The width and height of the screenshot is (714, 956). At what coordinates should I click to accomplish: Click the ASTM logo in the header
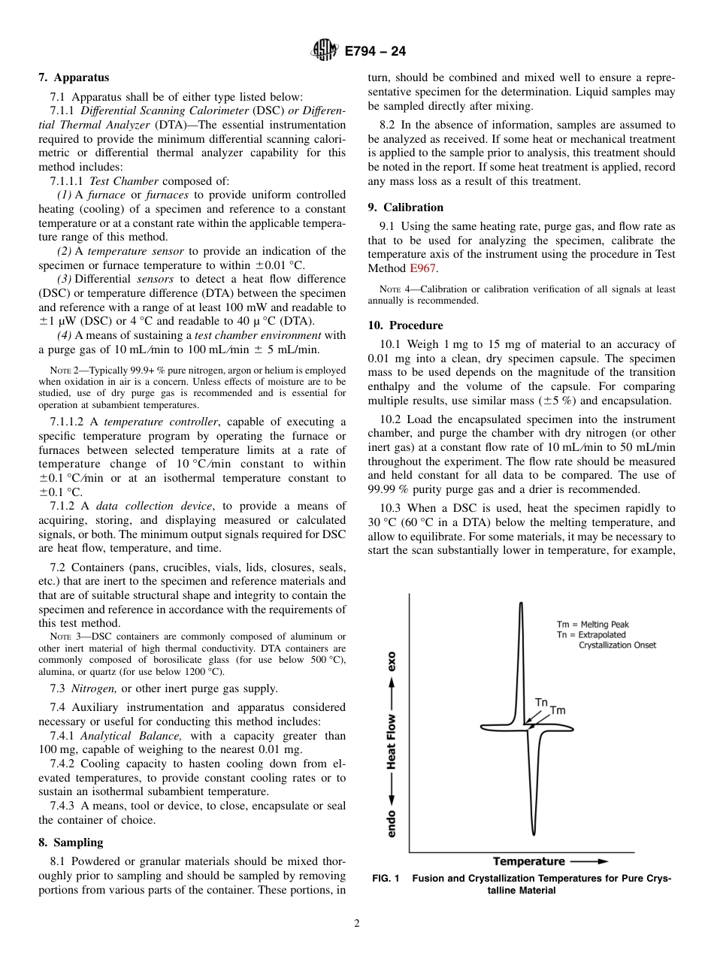point(325,51)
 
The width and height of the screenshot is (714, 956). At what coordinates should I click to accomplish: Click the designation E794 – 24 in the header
point(376,52)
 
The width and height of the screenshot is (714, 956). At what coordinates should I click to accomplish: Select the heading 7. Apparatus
point(74,77)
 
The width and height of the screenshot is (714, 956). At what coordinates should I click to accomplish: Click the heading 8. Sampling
point(71,842)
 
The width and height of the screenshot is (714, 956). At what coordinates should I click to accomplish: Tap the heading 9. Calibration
point(406,207)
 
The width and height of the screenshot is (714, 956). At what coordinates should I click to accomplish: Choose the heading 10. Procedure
point(405,325)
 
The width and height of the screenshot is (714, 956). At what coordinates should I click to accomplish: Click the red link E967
point(422,268)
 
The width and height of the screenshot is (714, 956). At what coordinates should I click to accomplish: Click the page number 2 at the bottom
point(357,924)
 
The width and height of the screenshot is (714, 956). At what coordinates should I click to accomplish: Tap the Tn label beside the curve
point(541,702)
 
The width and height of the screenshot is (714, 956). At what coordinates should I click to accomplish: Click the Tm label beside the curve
point(558,710)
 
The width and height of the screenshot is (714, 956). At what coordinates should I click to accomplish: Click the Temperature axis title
point(529,861)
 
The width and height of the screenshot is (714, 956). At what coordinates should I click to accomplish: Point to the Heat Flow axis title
point(392,740)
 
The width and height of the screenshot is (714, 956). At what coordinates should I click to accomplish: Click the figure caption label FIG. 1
point(386,879)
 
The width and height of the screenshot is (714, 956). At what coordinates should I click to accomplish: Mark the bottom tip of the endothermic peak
point(533,833)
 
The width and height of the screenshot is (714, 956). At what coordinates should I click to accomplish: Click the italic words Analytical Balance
point(131,736)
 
